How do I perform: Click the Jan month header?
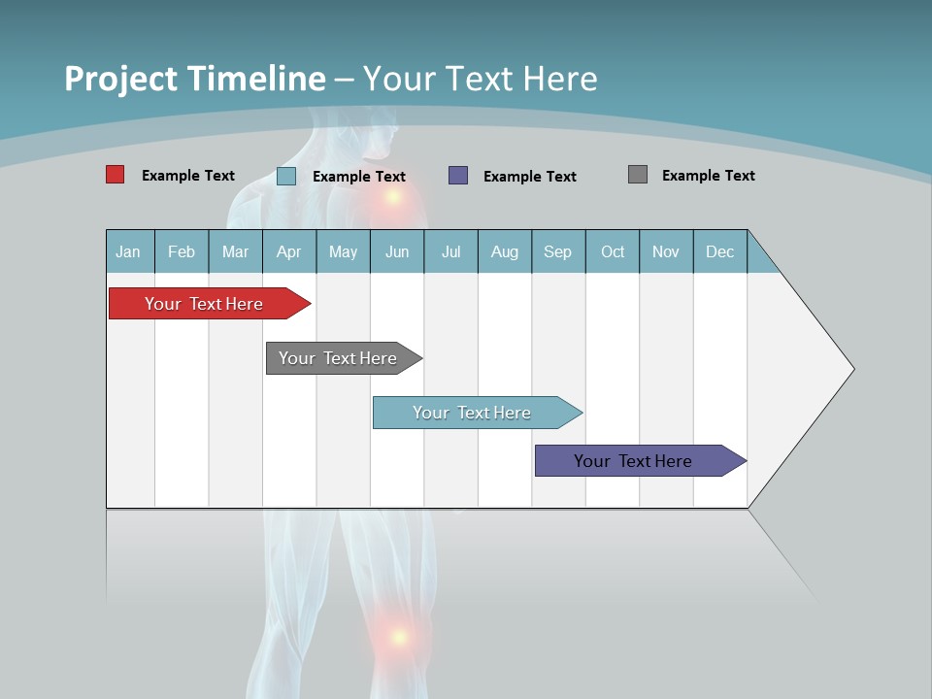coord(128,251)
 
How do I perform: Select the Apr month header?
coord(288,251)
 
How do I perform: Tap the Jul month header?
coord(450,251)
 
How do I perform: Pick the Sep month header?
coord(557,251)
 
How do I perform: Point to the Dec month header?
coord(719,251)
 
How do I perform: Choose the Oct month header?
coord(613,251)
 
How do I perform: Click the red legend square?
coord(115,175)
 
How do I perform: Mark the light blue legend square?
coord(286,176)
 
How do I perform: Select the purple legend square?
coord(458,176)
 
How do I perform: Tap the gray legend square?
coord(638,175)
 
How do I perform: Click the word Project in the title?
coord(120,79)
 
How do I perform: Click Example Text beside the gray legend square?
coord(708,176)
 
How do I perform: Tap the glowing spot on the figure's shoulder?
coord(393,197)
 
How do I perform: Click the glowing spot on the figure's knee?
coord(398,637)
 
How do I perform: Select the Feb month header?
coord(181,251)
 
